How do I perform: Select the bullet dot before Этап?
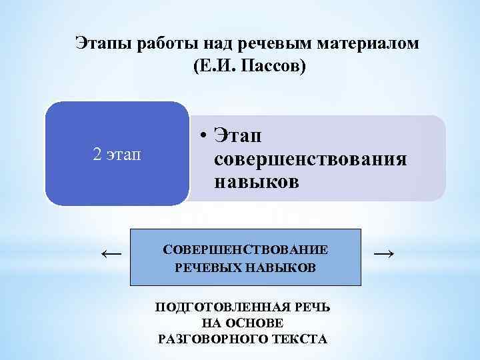click(x=199, y=136)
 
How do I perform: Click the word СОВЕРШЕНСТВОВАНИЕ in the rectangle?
click(x=245, y=250)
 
